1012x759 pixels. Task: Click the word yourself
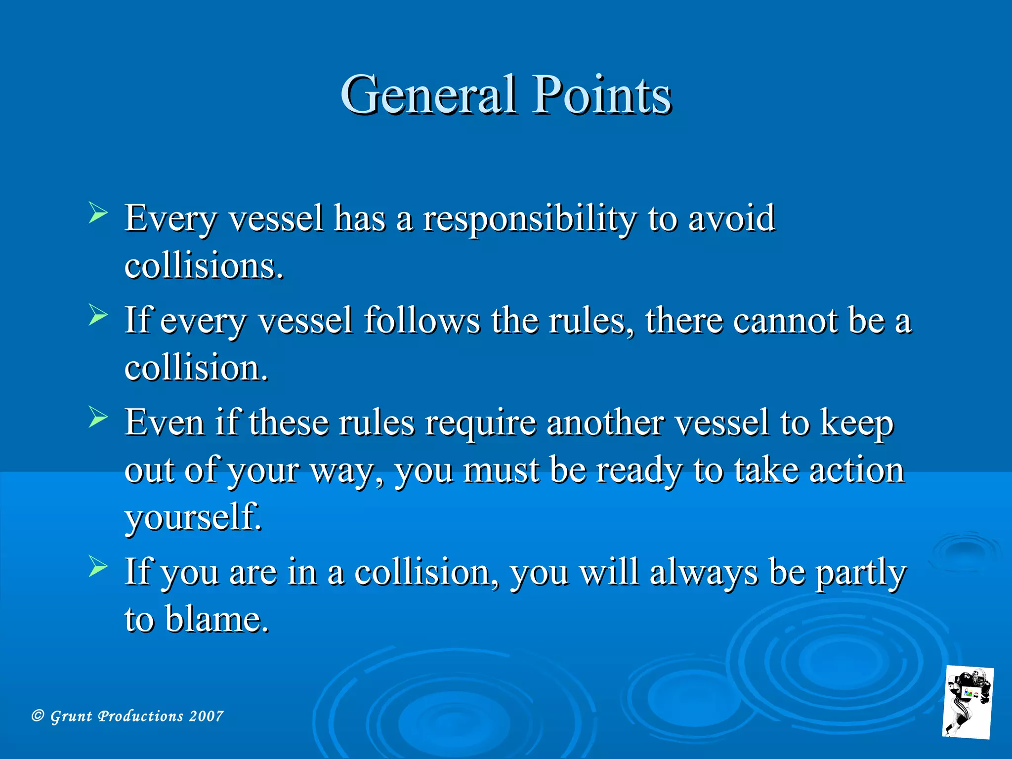193,517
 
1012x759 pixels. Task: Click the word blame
216,619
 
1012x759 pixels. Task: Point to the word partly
861,574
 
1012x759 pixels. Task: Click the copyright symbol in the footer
38,716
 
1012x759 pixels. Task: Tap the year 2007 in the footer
207,716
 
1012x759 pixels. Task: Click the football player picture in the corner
968,702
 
